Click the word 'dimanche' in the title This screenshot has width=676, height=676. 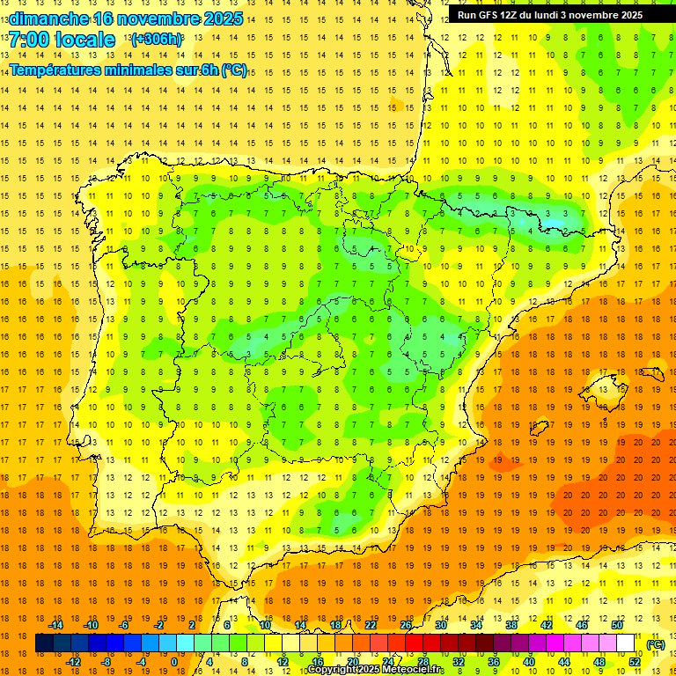click(48, 18)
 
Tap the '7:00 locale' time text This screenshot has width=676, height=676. click(62, 40)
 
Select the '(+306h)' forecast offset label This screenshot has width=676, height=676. click(157, 40)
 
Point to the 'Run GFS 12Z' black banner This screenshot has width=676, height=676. click(550, 15)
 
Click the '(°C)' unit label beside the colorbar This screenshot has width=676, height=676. click(655, 644)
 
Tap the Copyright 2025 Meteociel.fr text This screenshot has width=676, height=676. click(377, 670)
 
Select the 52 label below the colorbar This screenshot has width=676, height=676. click(635, 662)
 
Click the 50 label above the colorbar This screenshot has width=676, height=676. click(617, 625)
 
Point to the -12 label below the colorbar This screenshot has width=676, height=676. click(73, 662)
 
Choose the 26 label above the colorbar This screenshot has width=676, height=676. click(406, 625)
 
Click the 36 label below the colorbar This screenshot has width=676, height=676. click(494, 662)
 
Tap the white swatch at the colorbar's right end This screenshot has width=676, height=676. click(626, 643)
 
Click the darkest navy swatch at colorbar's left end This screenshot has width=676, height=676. click(44, 643)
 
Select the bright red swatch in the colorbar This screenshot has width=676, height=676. click(414, 643)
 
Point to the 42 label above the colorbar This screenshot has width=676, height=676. click(547, 625)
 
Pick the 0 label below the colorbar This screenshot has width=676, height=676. click(174, 662)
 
